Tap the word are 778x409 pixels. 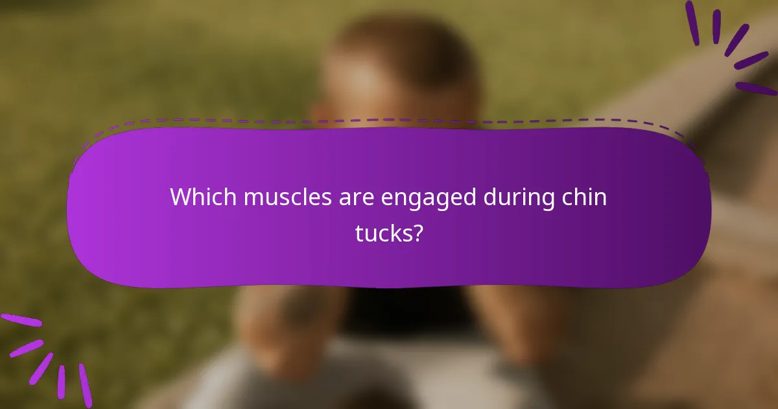[356, 197]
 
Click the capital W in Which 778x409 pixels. [180, 197]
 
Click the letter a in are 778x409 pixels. [344, 199]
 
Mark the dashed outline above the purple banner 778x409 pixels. [389, 121]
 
